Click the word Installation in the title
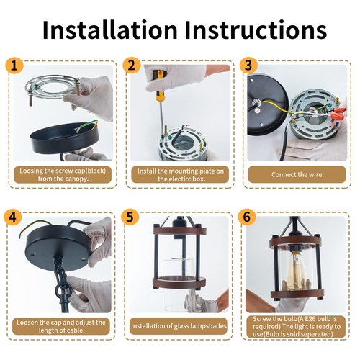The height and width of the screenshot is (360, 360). click(x=109, y=30)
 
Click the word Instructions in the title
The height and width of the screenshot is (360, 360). click(x=256, y=30)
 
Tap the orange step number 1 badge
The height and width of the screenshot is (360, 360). click(x=14, y=66)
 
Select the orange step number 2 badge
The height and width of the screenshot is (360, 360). click(x=132, y=65)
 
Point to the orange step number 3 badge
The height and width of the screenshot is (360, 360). click(x=248, y=65)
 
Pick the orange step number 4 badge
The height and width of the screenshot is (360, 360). click(x=12, y=217)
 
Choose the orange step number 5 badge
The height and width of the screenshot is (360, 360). click(x=130, y=217)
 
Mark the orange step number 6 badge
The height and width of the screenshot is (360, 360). click(x=247, y=217)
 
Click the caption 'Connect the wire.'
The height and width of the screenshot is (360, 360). click(x=297, y=174)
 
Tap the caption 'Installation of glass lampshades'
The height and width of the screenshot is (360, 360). click(x=179, y=326)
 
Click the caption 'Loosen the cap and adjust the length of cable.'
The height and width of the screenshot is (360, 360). click(x=61, y=326)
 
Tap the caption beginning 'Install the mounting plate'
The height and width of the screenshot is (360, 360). click(x=181, y=175)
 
